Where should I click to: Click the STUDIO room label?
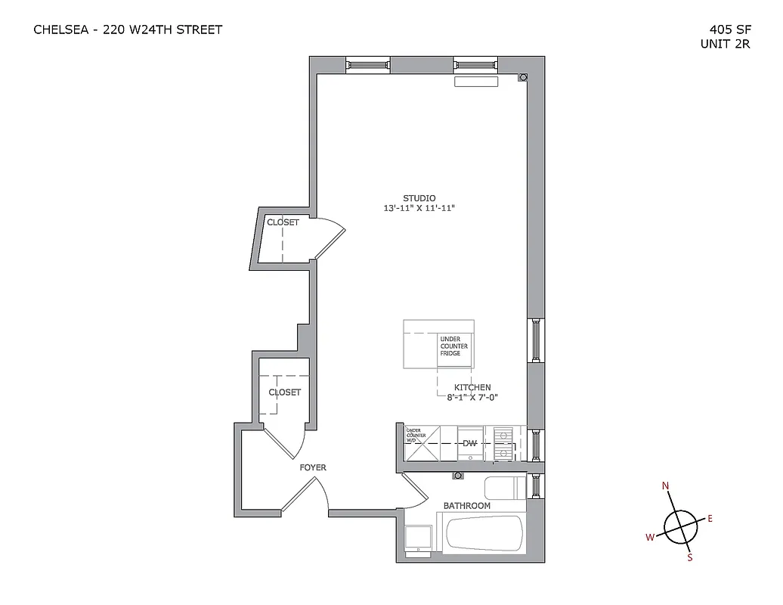[x=419, y=198]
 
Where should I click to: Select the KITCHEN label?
[x=472, y=387]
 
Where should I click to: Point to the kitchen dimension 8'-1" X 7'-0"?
[x=472, y=397]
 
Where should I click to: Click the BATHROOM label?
[x=466, y=506]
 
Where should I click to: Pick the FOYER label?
[x=313, y=468]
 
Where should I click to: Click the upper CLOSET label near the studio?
[x=283, y=222]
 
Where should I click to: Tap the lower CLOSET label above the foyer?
[x=284, y=392]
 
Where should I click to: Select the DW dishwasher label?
[x=469, y=443]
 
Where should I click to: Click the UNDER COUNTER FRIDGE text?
[x=454, y=346]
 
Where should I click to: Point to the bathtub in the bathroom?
[x=484, y=535]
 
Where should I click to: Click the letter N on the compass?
[x=666, y=486]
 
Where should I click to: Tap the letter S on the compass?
[x=689, y=558]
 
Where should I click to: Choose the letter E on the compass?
[x=710, y=518]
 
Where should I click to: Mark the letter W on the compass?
[x=649, y=537]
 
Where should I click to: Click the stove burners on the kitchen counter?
[x=503, y=444]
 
